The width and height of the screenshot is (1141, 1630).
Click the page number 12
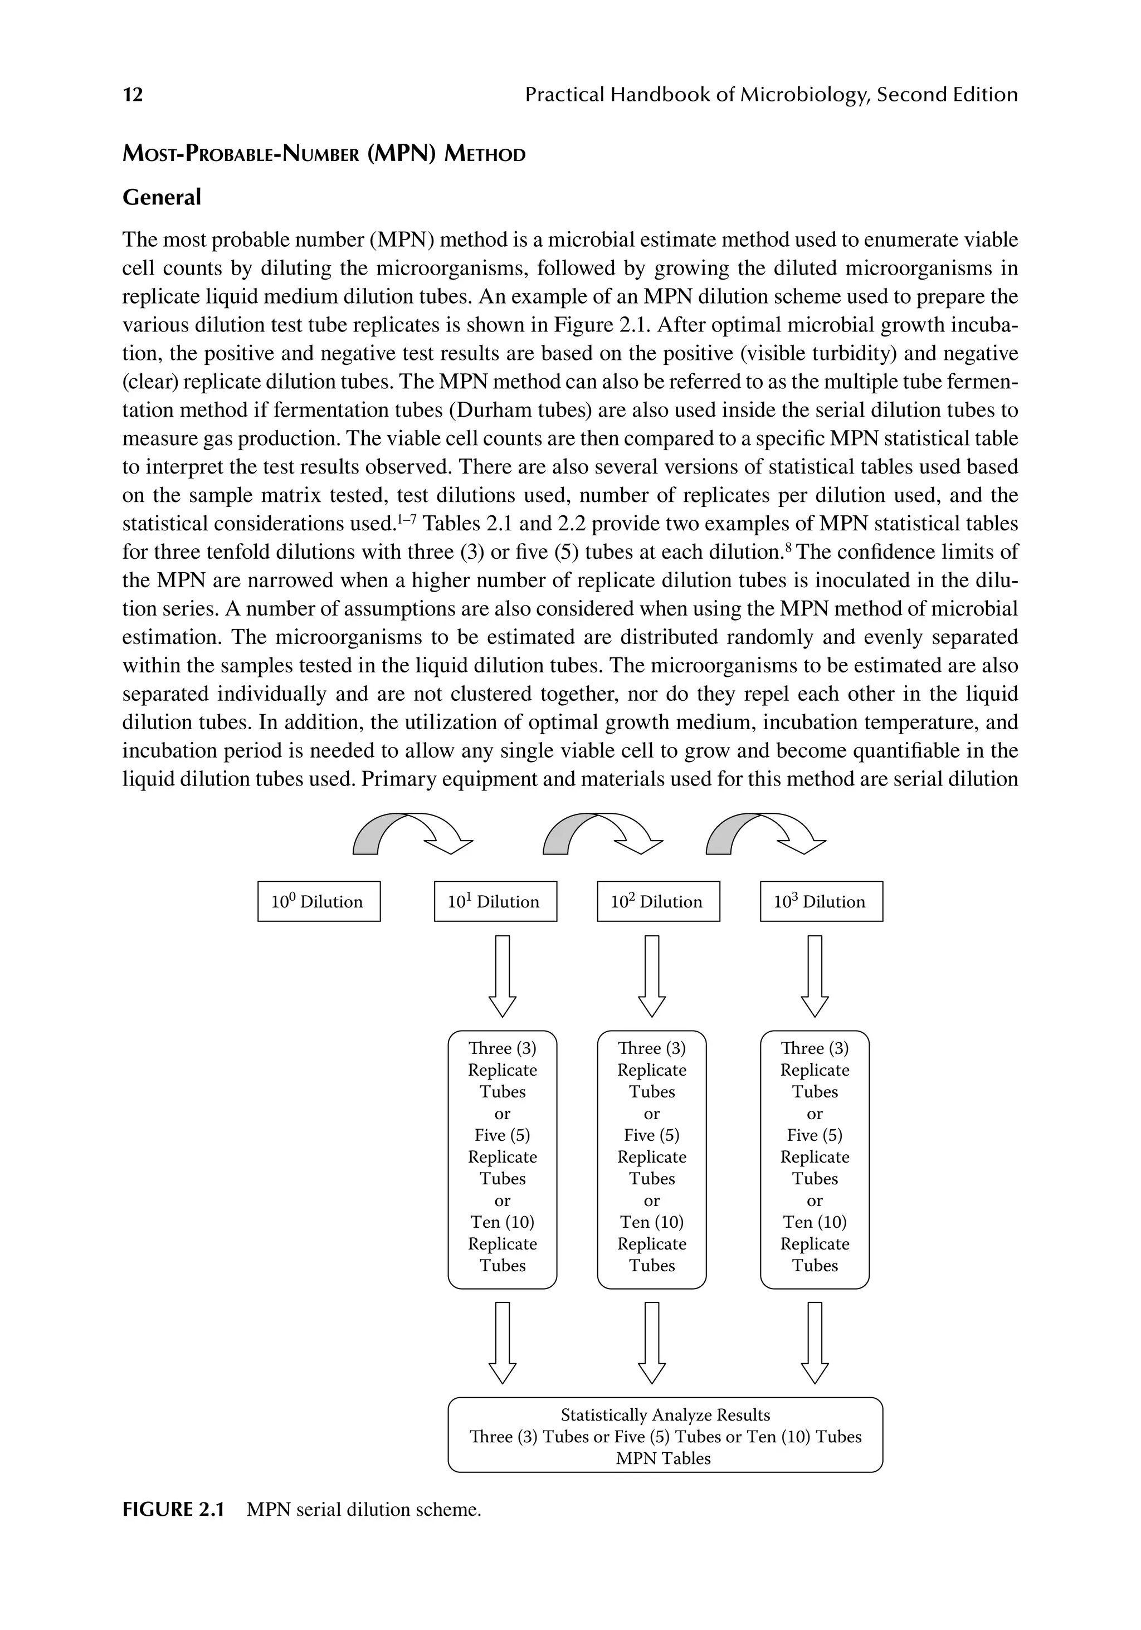(133, 94)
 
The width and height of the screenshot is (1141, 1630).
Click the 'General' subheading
(162, 197)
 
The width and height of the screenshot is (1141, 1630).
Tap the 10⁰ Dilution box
(319, 901)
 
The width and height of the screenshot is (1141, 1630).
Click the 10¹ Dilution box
(495, 901)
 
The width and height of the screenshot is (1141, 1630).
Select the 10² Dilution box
(658, 901)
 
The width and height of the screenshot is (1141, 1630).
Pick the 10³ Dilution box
(821, 901)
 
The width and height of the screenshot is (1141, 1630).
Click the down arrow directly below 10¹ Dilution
(502, 976)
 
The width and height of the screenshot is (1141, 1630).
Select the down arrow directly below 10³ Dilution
(815, 976)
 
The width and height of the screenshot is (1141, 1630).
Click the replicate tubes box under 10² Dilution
(652, 1159)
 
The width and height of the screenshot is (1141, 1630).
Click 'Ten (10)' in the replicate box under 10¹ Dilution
(502, 1222)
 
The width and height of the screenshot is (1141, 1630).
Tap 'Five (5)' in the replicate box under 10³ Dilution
(815, 1135)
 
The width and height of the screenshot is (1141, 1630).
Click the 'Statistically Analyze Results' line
(665, 1415)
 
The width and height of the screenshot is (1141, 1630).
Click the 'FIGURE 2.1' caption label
(173, 1509)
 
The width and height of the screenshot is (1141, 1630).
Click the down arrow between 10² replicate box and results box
(652, 1343)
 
